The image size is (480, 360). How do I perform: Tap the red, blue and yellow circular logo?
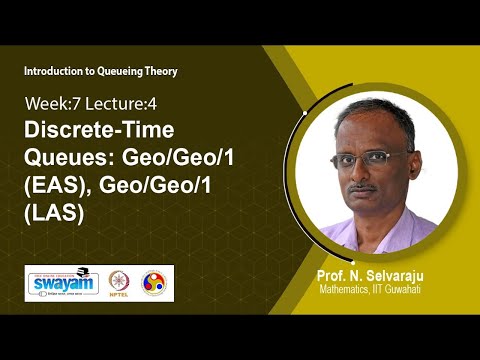(x=156, y=283)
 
